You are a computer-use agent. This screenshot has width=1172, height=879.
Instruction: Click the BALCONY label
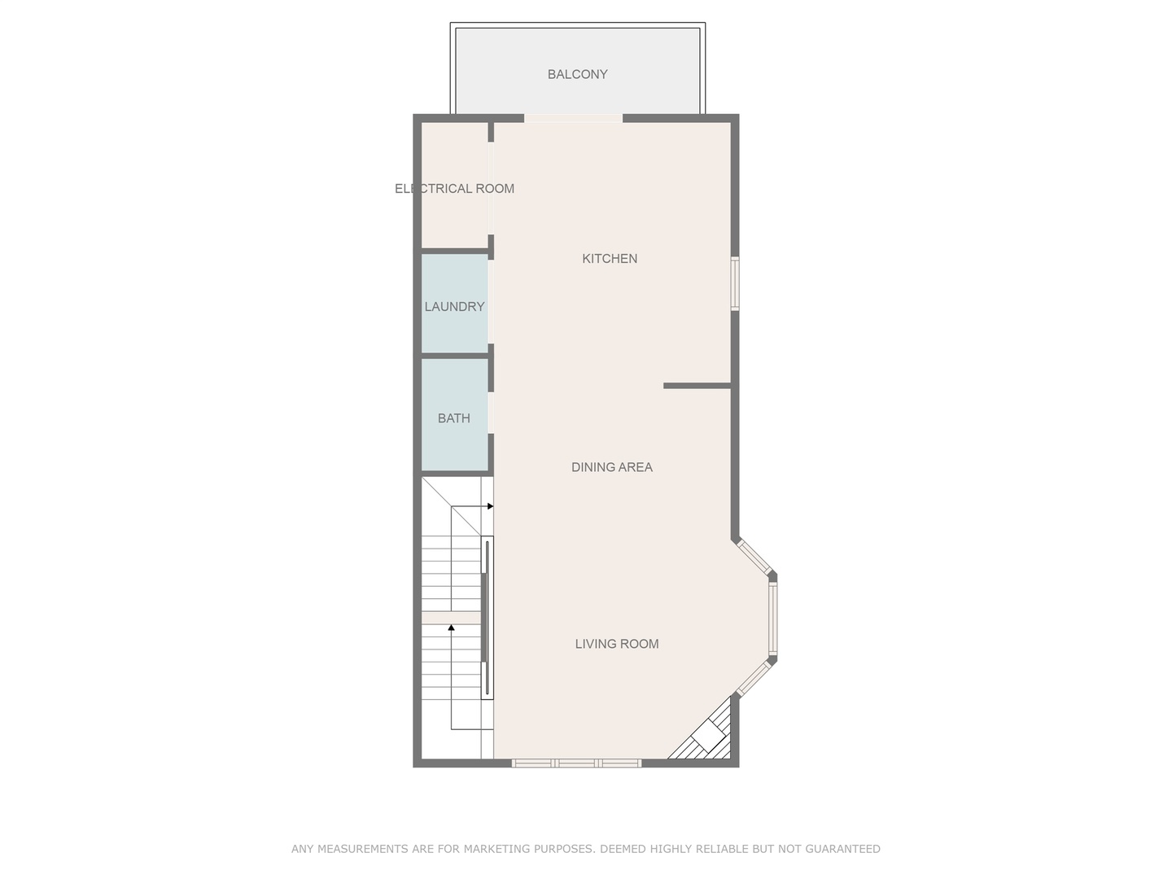tap(577, 74)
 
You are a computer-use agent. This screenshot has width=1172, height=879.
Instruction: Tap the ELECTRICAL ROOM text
tap(454, 188)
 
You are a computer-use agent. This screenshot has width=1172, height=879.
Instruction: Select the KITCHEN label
tap(610, 258)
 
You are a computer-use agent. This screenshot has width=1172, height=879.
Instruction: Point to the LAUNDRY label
tap(454, 306)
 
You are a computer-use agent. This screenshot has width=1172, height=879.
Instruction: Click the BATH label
tap(453, 418)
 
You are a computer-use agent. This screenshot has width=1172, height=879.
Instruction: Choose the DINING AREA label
tap(611, 466)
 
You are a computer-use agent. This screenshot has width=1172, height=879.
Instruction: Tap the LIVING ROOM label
tap(616, 643)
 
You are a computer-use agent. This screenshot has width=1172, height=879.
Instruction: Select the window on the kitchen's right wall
tap(734, 283)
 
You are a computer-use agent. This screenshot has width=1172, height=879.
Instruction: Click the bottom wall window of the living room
tap(576, 763)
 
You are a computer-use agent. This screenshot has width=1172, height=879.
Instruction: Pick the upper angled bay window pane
tap(754, 558)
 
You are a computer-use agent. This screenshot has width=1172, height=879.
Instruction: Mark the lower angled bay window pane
tap(754, 679)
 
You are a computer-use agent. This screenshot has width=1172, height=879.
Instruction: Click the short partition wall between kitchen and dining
tap(697, 385)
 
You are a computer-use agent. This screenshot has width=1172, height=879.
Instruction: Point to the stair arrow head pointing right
tap(490, 506)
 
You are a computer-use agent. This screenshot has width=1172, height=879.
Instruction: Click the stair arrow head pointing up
tap(452, 628)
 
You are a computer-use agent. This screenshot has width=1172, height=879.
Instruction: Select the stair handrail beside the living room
tap(487, 619)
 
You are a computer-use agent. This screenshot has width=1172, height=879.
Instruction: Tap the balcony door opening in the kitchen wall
tap(573, 119)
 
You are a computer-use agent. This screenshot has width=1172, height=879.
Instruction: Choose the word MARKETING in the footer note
tap(493, 849)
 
